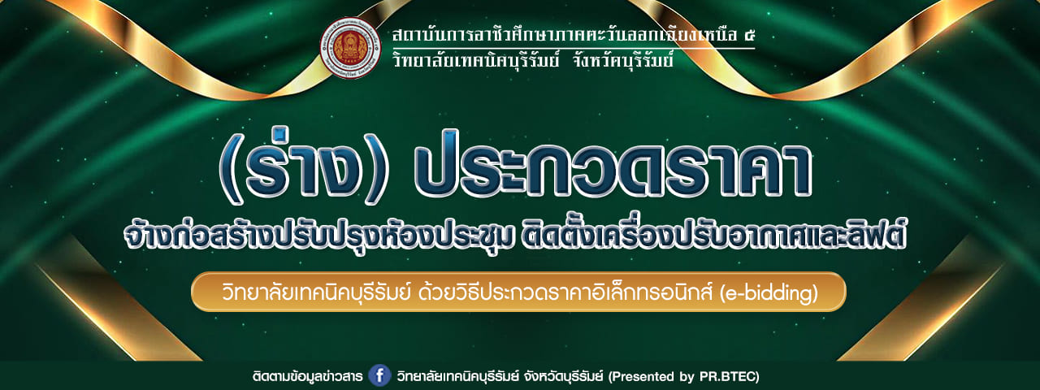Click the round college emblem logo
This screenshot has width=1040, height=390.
(x=350, y=48)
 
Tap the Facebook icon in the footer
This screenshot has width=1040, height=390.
(x=379, y=375)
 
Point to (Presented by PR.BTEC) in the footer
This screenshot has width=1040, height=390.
(x=684, y=375)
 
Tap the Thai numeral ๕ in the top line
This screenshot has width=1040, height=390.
(x=746, y=35)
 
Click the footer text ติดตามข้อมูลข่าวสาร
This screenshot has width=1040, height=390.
(x=307, y=375)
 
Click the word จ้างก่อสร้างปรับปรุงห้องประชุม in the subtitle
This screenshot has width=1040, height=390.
(x=318, y=236)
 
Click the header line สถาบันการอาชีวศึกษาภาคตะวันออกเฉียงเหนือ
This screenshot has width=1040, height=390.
(x=564, y=34)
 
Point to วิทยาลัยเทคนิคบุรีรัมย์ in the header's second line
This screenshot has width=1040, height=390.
(x=476, y=60)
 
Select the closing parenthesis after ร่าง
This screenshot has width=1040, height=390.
(x=376, y=167)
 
